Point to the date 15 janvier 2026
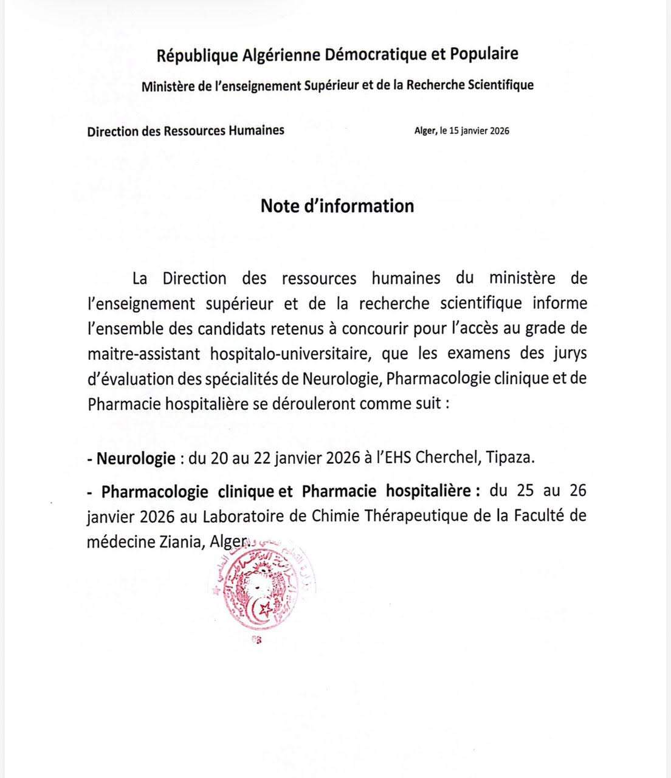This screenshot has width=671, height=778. click(x=479, y=131)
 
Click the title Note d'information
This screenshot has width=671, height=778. click(x=337, y=206)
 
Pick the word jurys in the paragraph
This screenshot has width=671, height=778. click(x=569, y=353)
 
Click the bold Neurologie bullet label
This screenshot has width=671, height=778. click(x=136, y=458)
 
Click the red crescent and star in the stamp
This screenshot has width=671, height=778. click(x=263, y=608)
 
